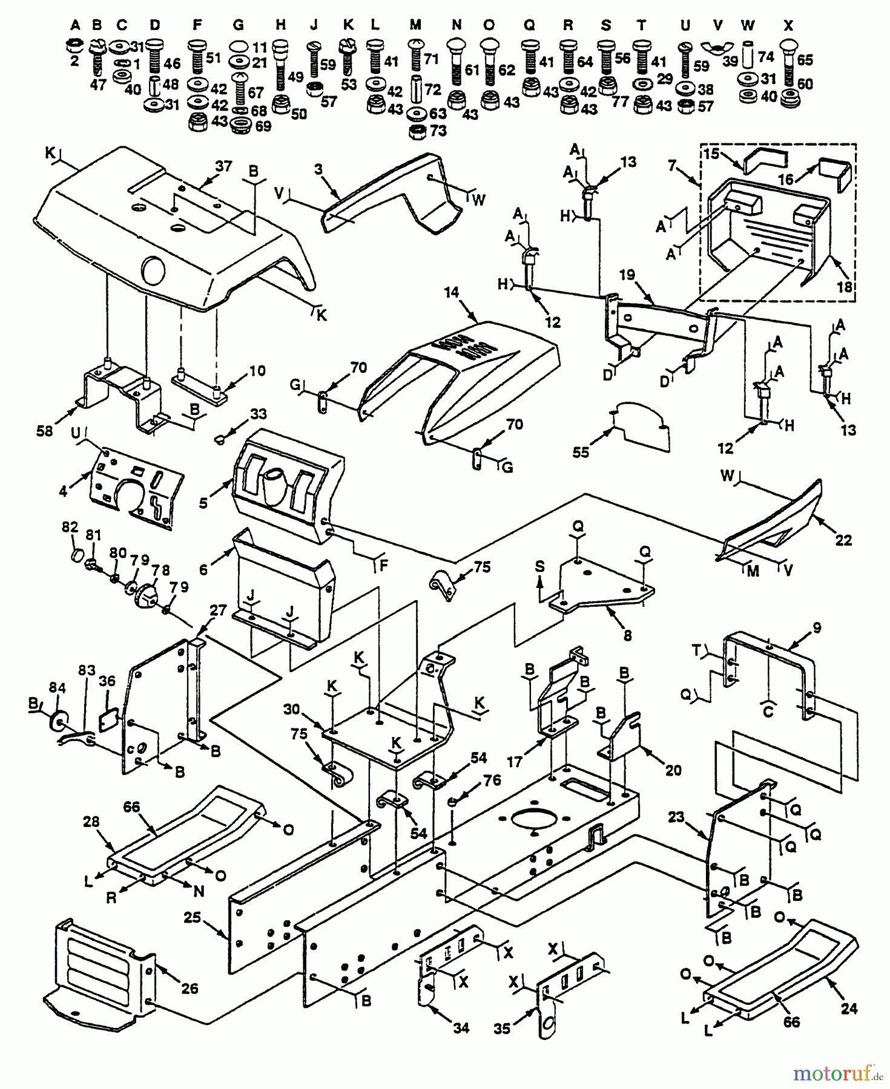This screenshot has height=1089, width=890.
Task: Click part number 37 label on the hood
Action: coord(223,166)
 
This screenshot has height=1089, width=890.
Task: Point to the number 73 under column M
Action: coord(438,131)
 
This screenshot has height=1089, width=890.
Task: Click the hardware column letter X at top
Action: coord(787,25)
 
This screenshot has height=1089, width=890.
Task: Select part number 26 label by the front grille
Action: coord(190,989)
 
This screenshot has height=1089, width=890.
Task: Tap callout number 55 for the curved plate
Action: coord(581,452)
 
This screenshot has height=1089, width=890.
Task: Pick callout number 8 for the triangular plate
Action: coord(627,635)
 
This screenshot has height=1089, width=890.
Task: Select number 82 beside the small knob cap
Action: coord(70,526)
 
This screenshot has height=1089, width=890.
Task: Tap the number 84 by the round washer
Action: coord(57,688)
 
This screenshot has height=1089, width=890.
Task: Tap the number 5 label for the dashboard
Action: coord(203,502)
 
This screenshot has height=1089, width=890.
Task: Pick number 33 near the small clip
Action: coord(259,414)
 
